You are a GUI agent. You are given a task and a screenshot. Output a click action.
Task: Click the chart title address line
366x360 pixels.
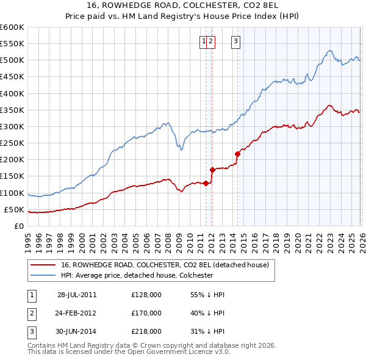pos(182,6)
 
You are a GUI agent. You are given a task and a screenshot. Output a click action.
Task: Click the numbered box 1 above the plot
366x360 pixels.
pos(203,41)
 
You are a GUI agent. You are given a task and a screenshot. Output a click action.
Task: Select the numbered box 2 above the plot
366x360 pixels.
pos(210,41)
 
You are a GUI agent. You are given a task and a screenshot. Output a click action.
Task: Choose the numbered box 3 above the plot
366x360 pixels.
pos(235,41)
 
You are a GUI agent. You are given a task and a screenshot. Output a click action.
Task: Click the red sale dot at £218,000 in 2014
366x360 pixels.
pos(237,154)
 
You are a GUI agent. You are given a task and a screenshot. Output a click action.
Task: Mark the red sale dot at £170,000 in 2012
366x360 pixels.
pos(212,170)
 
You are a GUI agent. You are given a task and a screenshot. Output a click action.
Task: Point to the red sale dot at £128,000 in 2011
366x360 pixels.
pos(206,183)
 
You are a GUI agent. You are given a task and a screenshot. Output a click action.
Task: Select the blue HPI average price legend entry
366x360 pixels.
pos(136,275)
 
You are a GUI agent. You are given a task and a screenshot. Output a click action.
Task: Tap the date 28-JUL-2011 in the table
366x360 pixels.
pos(77,294)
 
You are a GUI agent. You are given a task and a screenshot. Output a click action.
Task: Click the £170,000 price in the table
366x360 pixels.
pos(146,313)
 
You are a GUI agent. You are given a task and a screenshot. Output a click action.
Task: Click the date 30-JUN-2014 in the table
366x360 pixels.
pos(77,331)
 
